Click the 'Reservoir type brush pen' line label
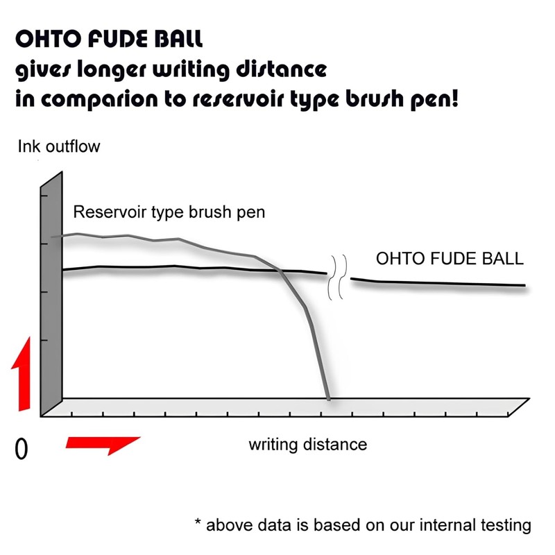(x=169, y=212)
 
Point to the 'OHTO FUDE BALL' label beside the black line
(x=450, y=259)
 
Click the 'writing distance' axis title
(x=307, y=443)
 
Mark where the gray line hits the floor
(x=328, y=398)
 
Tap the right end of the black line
(x=524, y=285)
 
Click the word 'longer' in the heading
(x=119, y=69)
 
